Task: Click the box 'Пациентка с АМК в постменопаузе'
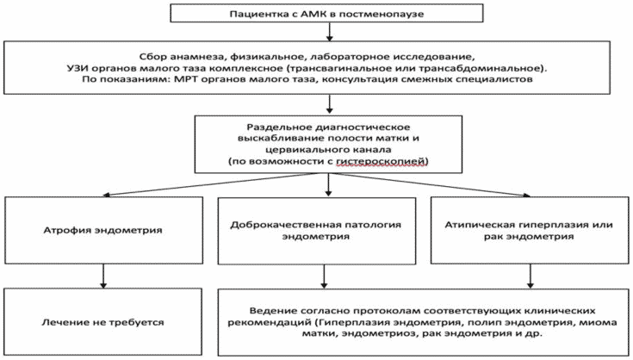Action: click(326, 13)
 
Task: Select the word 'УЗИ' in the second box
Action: click(78, 68)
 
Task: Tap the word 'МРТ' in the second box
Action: click(186, 79)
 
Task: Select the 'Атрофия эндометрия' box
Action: click(103, 230)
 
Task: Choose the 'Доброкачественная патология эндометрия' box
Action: click(317, 231)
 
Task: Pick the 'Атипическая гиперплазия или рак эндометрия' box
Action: click(530, 231)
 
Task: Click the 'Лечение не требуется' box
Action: click(103, 322)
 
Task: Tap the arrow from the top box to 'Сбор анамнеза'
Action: click(329, 32)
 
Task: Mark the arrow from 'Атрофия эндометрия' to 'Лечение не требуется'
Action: click(103, 276)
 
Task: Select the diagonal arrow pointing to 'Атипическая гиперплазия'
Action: click(431, 185)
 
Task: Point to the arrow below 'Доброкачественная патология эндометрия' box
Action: click(323, 276)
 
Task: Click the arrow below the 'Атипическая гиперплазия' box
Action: click(530, 276)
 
